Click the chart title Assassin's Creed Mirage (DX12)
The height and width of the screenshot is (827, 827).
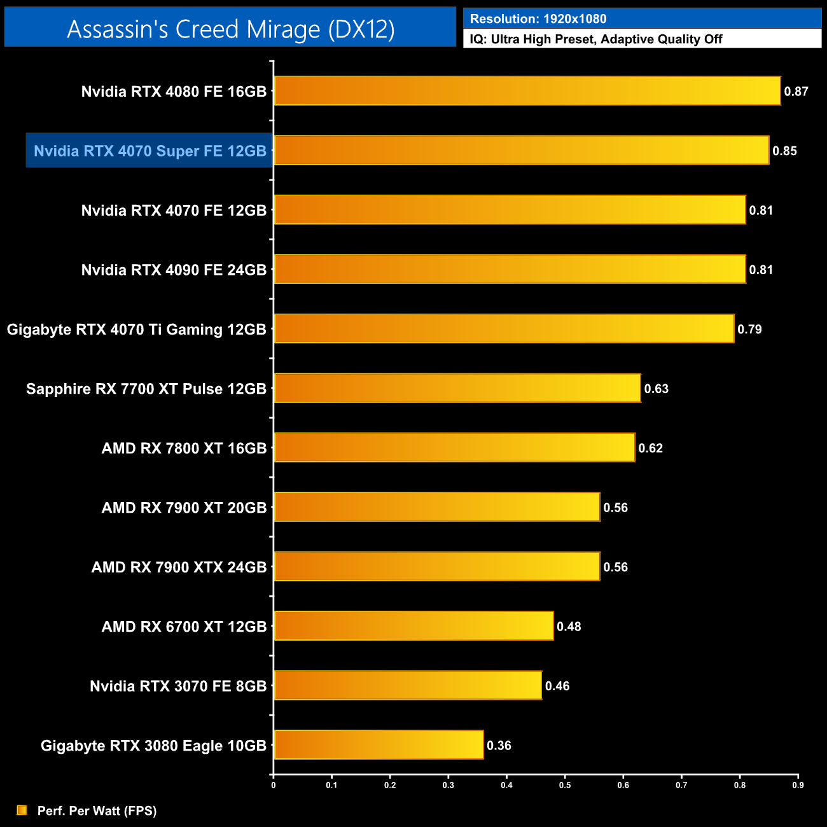[230, 29]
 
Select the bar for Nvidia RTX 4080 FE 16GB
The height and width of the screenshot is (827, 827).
[527, 91]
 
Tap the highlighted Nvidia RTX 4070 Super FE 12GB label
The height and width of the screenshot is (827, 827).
[149, 151]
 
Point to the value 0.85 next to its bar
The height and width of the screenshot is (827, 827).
[784, 151]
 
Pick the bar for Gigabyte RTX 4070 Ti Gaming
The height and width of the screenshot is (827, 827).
[504, 329]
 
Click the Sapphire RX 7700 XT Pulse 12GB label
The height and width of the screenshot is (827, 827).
[146, 389]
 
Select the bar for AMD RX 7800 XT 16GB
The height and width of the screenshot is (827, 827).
[454, 448]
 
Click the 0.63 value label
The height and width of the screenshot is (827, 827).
[656, 389]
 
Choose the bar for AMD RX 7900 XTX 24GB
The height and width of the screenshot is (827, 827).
[436, 567]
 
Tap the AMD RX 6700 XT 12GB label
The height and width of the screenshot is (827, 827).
[184, 627]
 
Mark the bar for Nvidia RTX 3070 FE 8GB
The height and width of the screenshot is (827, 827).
[408, 686]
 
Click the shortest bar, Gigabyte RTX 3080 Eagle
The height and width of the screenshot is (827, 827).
[379, 745]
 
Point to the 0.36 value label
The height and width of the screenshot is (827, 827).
[499, 746]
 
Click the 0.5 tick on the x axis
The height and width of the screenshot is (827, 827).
[565, 785]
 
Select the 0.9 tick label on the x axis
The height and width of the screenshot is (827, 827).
[798, 785]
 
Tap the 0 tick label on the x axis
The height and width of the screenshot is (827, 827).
[274, 785]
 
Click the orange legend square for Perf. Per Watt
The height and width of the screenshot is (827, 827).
[22, 810]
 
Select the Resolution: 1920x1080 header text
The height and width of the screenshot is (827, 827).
[538, 19]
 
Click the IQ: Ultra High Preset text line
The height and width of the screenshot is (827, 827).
[595, 39]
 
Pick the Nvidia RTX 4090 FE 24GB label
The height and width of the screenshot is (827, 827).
[174, 270]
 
